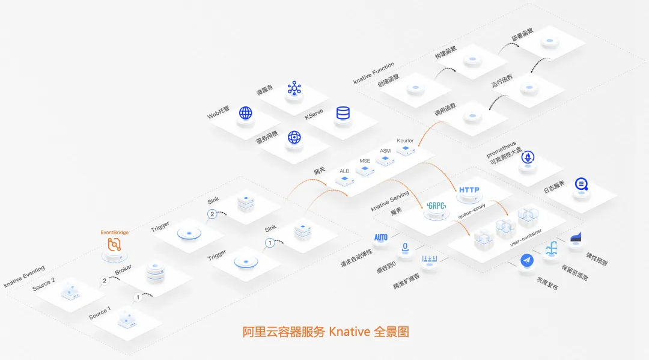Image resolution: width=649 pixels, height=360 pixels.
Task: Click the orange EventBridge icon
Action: click(114, 245)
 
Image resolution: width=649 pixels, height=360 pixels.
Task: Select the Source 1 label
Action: click(100, 312)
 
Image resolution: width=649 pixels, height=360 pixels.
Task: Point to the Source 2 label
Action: click(44, 284)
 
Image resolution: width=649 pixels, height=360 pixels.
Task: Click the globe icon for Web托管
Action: click(245, 113)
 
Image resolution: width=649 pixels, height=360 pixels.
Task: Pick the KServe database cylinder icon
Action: click(343, 112)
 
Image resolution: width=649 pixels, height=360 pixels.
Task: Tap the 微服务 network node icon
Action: click(294, 88)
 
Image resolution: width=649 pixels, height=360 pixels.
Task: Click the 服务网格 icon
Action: click(294, 137)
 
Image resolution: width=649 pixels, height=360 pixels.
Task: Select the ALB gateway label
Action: click(344, 171)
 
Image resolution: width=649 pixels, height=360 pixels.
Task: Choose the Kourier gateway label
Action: click(405, 141)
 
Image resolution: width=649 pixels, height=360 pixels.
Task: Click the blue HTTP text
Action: click(469, 190)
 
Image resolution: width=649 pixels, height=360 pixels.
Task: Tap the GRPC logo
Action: click(436, 206)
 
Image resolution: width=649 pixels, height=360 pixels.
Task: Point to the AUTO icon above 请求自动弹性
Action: click(381, 237)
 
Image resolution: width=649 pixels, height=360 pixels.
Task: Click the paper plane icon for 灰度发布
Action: click(527, 260)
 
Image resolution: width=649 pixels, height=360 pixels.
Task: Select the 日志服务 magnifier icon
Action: click(581, 185)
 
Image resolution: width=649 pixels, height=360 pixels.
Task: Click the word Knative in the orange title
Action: click(349, 331)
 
